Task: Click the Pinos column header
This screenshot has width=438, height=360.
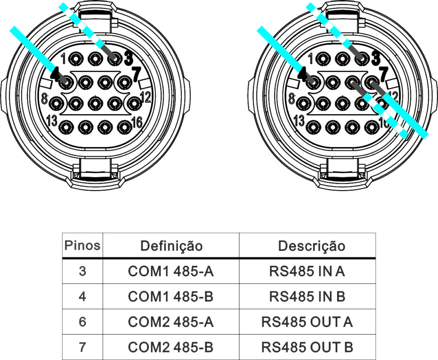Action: [x=82, y=245]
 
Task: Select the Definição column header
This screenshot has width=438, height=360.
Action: [x=171, y=246]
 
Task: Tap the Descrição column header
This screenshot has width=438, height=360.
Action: [x=311, y=246]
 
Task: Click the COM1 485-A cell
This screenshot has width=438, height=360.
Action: [x=171, y=271]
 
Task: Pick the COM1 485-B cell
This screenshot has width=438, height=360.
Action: [x=171, y=297]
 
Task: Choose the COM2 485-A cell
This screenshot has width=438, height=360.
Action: [x=171, y=322]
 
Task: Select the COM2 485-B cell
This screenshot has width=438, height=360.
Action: [x=171, y=347]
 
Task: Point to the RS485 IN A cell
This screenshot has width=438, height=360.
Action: [x=307, y=271]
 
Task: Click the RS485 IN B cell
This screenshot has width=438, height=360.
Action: [x=307, y=297]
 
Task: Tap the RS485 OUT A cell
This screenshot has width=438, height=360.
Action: [x=307, y=322]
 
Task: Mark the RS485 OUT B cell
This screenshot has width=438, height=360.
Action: [x=307, y=347]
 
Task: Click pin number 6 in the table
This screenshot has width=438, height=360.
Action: [x=83, y=322]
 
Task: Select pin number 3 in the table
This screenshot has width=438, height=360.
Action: [x=83, y=271]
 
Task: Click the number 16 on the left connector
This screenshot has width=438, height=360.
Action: [x=137, y=123]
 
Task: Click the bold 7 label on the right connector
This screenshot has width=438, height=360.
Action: [x=384, y=74]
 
